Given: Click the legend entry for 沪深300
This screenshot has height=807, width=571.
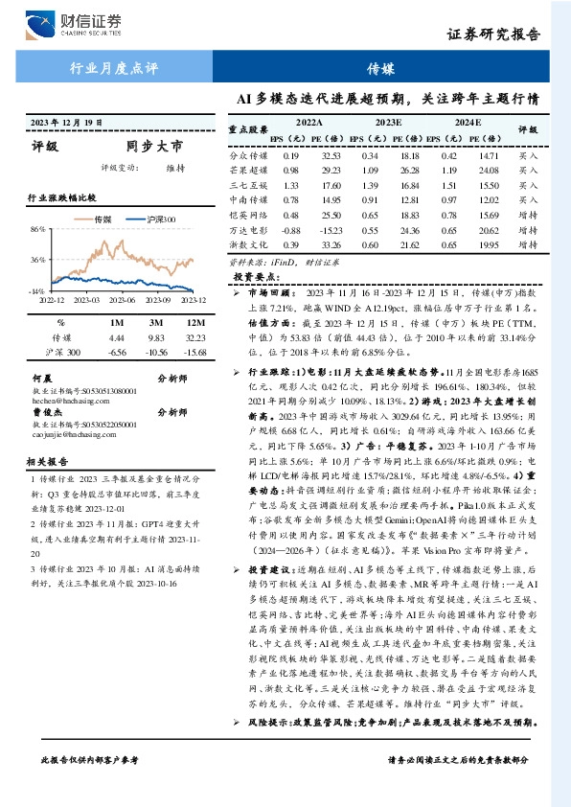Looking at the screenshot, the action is click(162, 219).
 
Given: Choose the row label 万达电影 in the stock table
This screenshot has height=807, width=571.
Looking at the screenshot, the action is click(246, 231).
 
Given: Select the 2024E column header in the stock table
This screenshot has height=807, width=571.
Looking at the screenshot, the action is click(468, 123).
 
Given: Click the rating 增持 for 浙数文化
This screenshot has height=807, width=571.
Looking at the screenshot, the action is click(528, 246).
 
